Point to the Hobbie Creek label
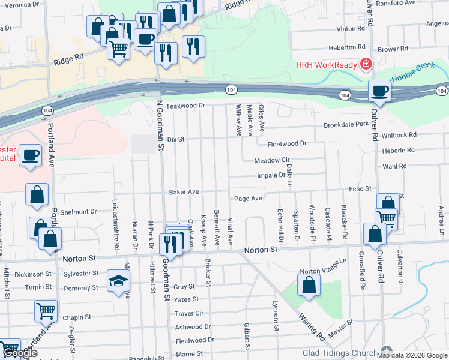[x=412, y=79]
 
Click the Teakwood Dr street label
[x=186, y=106]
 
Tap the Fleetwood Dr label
[x=287, y=143]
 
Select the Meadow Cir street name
[x=272, y=161]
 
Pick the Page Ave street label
[x=248, y=199]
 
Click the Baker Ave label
[x=184, y=193]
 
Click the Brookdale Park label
[x=346, y=124]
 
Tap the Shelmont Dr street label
[x=79, y=211]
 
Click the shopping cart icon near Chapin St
[x=46, y=311]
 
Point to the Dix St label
[x=175, y=139]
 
